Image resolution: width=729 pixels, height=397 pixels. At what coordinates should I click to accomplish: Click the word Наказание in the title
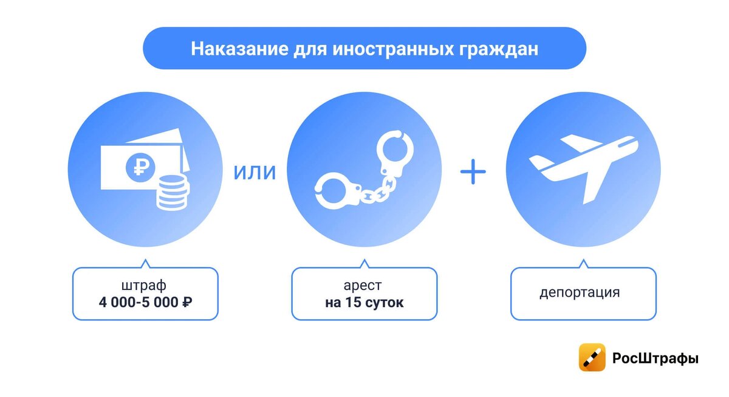pos(239,49)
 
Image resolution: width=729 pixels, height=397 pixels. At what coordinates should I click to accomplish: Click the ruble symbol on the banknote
pos(140,168)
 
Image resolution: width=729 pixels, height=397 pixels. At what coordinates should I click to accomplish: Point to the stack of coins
pos(173,193)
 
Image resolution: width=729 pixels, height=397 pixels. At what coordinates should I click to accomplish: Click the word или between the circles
pos(255,172)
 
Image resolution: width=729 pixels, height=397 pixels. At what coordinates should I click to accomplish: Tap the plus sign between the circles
pos(473,171)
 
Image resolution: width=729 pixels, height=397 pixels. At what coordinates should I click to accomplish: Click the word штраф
pos(144,285)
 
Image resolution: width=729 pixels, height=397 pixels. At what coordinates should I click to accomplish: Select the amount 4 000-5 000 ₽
pos(145,302)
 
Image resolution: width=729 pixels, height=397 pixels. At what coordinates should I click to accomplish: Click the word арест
pos(363,286)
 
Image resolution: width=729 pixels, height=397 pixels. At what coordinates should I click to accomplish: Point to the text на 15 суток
pos(364,303)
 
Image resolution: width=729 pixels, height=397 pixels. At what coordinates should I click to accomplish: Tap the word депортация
pos(580,292)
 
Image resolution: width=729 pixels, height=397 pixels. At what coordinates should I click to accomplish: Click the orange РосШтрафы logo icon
pos(592,357)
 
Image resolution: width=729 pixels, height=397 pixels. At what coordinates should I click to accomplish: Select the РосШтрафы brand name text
pos(655,358)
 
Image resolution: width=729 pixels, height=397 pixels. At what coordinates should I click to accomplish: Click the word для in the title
pos(310,49)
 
